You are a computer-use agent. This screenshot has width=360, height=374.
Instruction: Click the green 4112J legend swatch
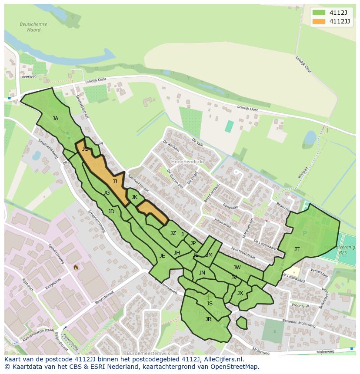pos(319,12)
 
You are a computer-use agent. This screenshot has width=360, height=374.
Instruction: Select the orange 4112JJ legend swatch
pos(319,21)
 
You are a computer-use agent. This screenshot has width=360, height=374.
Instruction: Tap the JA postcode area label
pos(55,118)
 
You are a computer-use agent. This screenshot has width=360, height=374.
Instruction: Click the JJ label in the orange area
pos(115,181)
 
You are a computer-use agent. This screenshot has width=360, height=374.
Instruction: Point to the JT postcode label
pos(297,249)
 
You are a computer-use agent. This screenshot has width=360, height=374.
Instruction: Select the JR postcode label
pos(208,319)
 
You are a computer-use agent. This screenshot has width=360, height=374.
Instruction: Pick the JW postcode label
pos(237,267)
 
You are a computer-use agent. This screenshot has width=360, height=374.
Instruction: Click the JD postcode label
pos(111,212)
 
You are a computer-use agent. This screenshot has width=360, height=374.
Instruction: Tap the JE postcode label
pos(162,256)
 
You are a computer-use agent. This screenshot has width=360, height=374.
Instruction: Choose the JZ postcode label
pos(173,233)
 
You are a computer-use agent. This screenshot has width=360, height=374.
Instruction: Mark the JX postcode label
pos(240,293)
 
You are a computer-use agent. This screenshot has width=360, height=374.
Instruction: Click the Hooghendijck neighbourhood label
pos(187,161)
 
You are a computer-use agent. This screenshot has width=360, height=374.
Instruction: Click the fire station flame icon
pos(76,267)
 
